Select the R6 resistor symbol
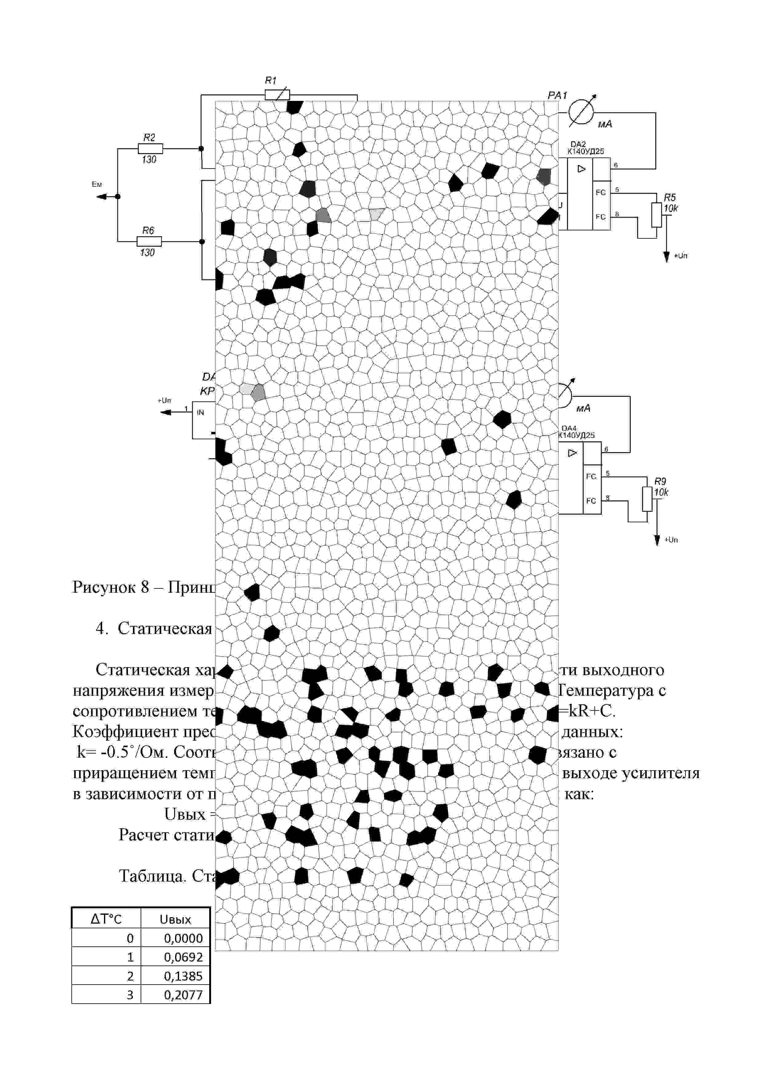coord(149,241)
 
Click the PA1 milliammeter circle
coord(581,113)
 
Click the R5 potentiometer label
coord(669,197)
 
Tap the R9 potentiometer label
coord(660,481)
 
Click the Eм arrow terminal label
coord(97,185)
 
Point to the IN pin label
coord(200,412)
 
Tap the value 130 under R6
coord(147,253)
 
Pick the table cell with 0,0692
coord(183,957)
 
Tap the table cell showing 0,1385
coord(183,976)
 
